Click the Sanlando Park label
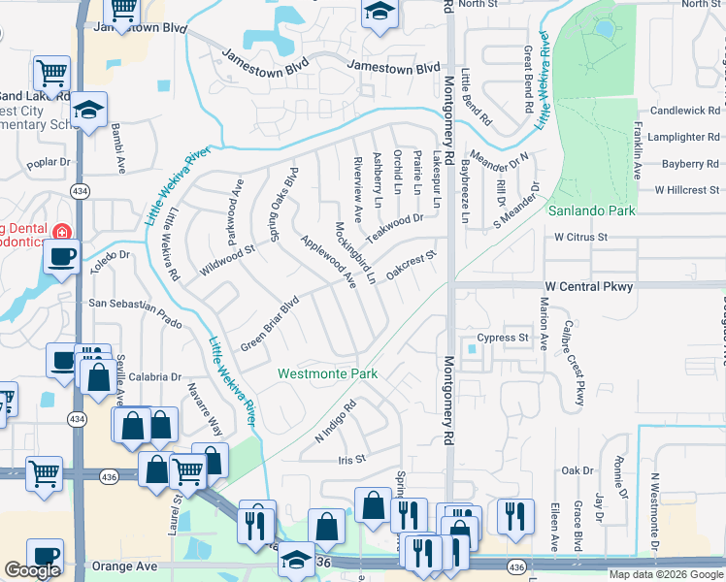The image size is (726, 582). point(591,210)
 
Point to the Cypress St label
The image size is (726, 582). point(509,339)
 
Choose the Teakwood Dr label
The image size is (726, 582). point(395,230)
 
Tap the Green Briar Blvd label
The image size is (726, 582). point(269,324)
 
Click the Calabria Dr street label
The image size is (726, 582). point(152,377)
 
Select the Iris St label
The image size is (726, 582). point(351,460)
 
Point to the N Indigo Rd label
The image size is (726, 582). point(337,419)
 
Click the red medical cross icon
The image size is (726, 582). point(61,233)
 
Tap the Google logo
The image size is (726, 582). point(32,570)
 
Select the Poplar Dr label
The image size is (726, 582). point(50,163)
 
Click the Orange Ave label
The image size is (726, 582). point(123,566)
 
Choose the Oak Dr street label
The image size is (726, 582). point(577,470)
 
